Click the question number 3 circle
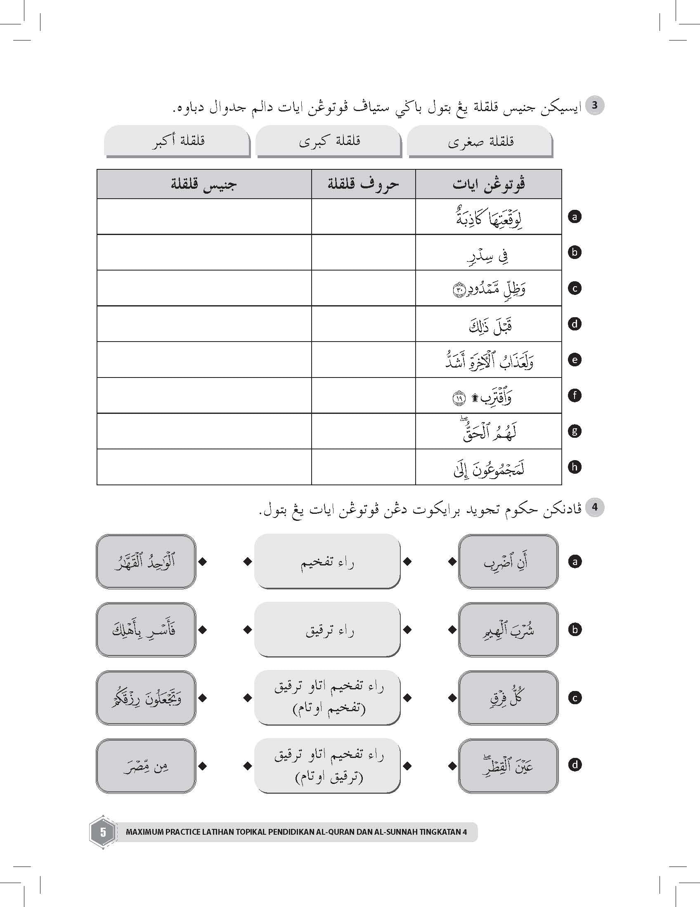click(x=594, y=105)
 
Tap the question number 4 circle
click(x=594, y=507)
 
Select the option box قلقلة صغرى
click(x=480, y=141)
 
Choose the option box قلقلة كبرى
click(x=329, y=141)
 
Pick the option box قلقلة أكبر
click(x=177, y=141)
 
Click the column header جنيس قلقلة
click(x=204, y=184)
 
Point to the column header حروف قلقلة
click(x=363, y=184)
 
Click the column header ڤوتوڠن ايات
click(x=488, y=184)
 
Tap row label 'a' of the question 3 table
click(x=575, y=216)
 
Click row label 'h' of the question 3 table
click(x=575, y=467)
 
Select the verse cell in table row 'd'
click(x=488, y=324)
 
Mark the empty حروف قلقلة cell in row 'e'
click(x=363, y=360)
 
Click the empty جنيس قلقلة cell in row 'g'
click(x=204, y=431)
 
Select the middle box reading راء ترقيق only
click(x=327, y=629)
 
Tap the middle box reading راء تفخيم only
click(x=327, y=561)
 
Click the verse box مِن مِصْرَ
click(x=146, y=765)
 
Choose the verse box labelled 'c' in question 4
click(x=508, y=698)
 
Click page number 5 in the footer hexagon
click(x=102, y=832)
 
